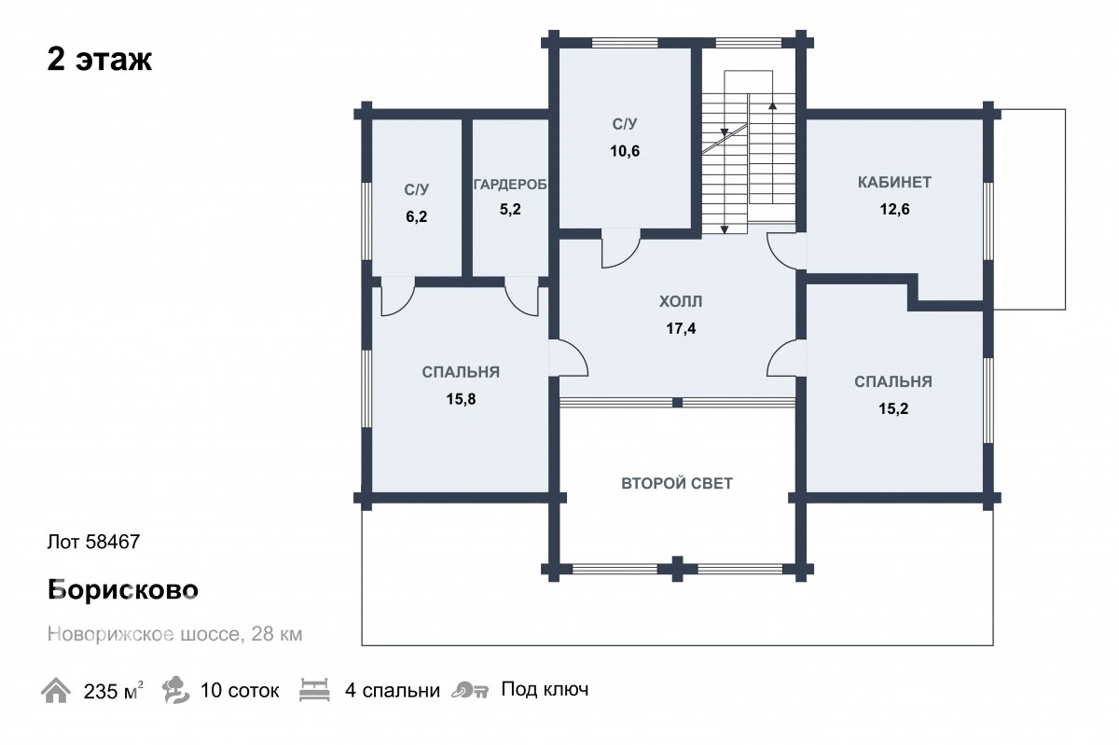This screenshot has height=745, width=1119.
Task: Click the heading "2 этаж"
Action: coord(100,60)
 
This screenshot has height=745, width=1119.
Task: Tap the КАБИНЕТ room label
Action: coord(894,183)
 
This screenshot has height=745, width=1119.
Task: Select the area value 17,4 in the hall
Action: coord(681,328)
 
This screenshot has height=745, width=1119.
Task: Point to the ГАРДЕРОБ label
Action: coord(510,185)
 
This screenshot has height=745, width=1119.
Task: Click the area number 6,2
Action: coord(416,216)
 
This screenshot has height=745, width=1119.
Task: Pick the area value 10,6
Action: coord(625,151)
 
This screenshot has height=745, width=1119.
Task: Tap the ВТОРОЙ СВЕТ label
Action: coord(677,483)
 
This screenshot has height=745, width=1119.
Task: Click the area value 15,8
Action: coord(461,399)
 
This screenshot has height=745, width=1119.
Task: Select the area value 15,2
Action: coord(893,408)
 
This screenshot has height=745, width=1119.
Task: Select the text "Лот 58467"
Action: coord(93,542)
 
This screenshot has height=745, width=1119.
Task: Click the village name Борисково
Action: coord(123,589)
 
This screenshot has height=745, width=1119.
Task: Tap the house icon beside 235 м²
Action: coord(55,690)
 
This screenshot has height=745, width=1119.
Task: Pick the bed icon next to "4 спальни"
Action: coord(314,690)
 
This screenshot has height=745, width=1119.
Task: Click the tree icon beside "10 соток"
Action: coord(176,690)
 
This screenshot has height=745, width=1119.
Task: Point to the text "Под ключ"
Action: coord(545,690)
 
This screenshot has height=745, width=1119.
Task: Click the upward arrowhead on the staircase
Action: coord(772,105)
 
